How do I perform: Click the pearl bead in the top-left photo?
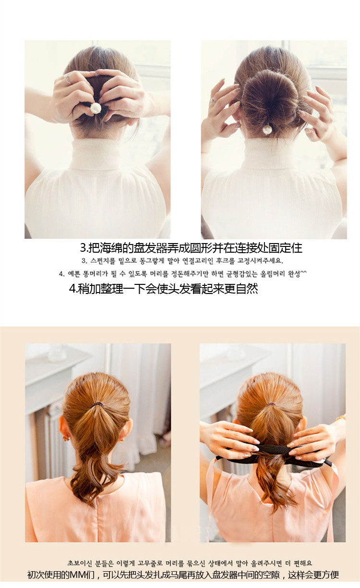point(96,108)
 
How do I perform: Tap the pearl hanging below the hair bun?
point(267,129)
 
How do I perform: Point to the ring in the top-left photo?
point(68,79)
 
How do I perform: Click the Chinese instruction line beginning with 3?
point(191,248)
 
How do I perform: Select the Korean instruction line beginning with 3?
point(182,261)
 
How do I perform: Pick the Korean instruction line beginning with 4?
point(182,274)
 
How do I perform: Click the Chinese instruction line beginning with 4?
point(163,289)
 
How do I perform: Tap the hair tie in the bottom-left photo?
point(98,404)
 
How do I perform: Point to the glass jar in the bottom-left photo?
point(57,353)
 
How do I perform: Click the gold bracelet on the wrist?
point(340,417)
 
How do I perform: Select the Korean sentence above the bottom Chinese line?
point(189,563)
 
